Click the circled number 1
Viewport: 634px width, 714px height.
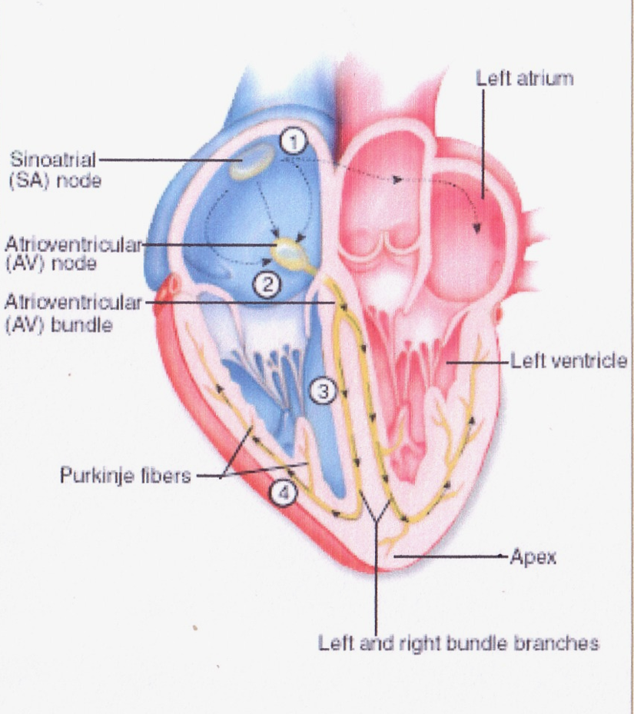293,140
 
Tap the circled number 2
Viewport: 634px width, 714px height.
266,284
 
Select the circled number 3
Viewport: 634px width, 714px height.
323,392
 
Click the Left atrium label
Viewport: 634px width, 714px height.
524,78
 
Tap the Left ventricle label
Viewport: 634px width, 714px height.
569,361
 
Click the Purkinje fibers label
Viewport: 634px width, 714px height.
124,476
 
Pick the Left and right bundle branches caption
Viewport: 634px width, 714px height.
459,643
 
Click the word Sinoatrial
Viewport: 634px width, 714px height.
53,161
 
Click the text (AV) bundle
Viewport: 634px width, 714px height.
58,324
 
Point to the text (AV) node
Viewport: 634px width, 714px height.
51,264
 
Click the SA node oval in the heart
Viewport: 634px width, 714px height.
251,162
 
